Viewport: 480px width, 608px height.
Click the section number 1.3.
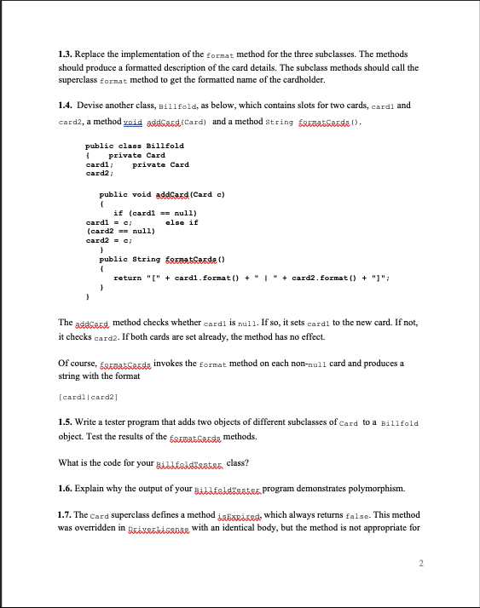[x=66, y=54]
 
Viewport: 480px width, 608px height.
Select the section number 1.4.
[x=66, y=106]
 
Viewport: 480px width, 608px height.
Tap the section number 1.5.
[x=66, y=423]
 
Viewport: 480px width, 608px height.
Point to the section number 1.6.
[x=66, y=490]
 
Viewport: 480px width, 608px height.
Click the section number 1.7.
[x=66, y=517]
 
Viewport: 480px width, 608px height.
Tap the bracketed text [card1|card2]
[x=90, y=398]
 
